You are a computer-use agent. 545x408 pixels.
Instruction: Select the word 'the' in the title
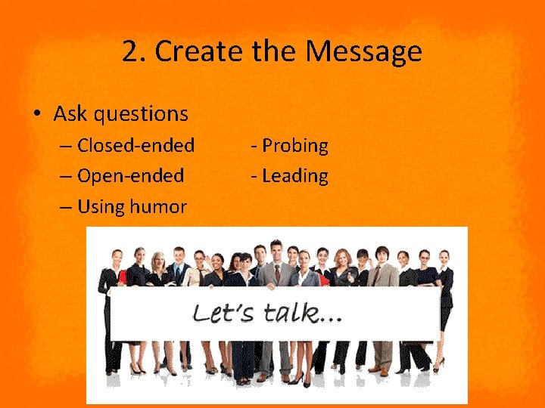pyautogui.click(x=276, y=52)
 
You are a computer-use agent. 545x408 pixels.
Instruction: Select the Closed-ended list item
pyautogui.click(x=135, y=145)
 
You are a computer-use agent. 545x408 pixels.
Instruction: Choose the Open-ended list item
pyautogui.click(x=130, y=176)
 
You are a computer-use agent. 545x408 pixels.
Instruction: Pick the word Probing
pyautogui.click(x=294, y=145)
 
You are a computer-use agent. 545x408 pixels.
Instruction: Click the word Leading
pyautogui.click(x=294, y=176)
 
